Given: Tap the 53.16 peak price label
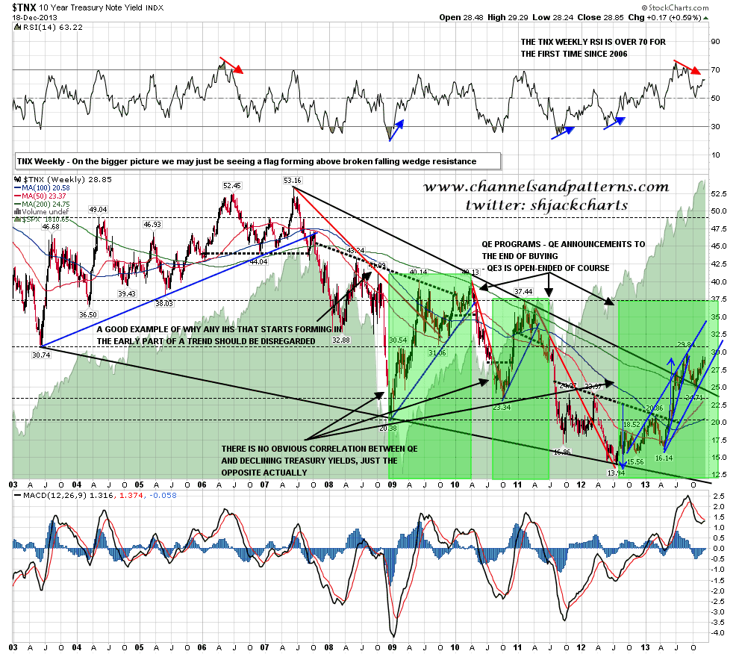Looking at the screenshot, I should coord(293,180).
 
